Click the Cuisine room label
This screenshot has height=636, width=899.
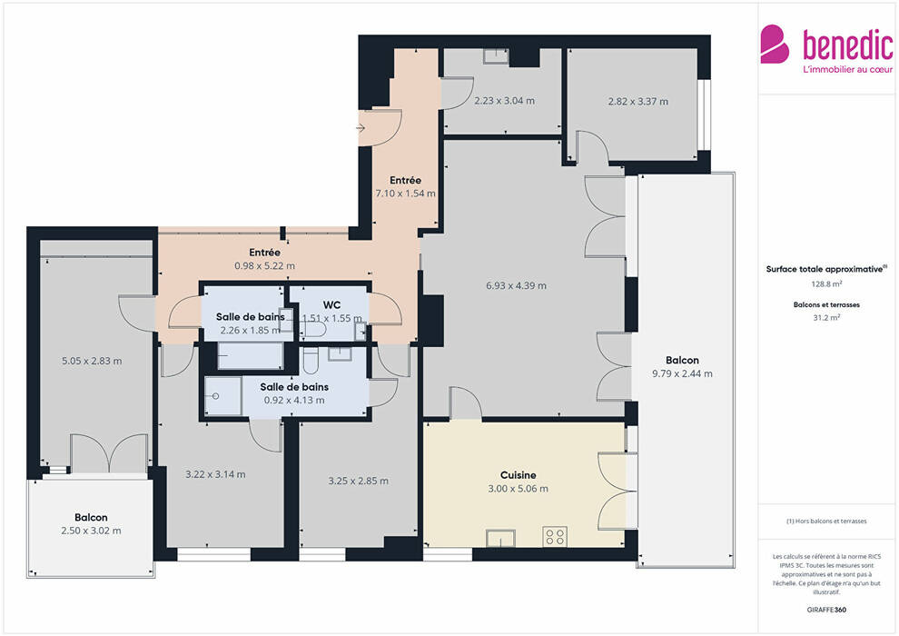point(519,475)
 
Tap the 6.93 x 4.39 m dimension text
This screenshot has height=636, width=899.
point(516,285)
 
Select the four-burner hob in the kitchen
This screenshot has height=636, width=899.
point(555,537)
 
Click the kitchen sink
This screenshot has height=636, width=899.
point(500,539)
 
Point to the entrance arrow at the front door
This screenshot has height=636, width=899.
point(361,128)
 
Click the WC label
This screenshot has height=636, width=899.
point(331,304)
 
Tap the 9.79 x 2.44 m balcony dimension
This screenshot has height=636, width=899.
point(682,374)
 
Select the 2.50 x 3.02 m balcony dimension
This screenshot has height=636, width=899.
point(91,531)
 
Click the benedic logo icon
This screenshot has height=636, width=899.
point(774,44)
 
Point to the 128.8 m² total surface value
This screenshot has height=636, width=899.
point(826,283)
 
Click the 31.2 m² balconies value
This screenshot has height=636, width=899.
point(826,318)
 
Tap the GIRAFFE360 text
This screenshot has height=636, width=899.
point(826,610)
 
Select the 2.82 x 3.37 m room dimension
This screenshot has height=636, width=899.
point(638,102)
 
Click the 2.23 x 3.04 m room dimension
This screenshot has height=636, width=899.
point(505,101)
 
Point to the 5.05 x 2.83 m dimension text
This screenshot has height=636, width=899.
point(92,362)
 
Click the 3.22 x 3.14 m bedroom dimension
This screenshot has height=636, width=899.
point(215,475)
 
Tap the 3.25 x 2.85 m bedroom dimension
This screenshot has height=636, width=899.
point(359,482)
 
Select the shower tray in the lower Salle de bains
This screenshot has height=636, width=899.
point(223,396)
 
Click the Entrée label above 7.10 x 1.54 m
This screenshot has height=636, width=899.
point(405,180)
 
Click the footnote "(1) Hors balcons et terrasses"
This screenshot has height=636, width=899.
point(826,522)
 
